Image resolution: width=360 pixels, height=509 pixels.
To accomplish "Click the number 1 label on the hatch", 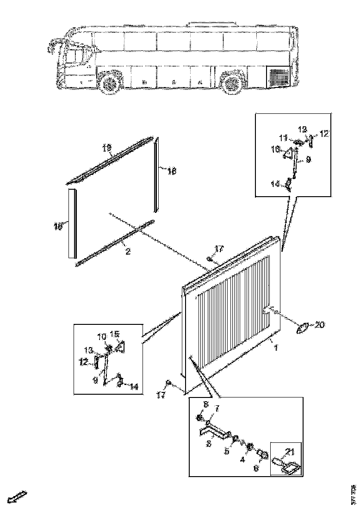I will point(276,347).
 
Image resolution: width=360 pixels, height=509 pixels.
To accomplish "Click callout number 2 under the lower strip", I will point(128,252).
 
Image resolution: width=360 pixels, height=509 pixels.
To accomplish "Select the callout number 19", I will point(107,148).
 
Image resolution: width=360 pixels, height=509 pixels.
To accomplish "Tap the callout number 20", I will point(320,325).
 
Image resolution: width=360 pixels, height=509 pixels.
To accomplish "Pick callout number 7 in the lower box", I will point(216,408).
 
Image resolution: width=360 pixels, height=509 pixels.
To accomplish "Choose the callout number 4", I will point(241,459).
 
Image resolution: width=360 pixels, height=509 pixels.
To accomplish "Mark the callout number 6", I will point(255,468).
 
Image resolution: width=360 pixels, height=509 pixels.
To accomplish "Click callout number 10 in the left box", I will point(101,335).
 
